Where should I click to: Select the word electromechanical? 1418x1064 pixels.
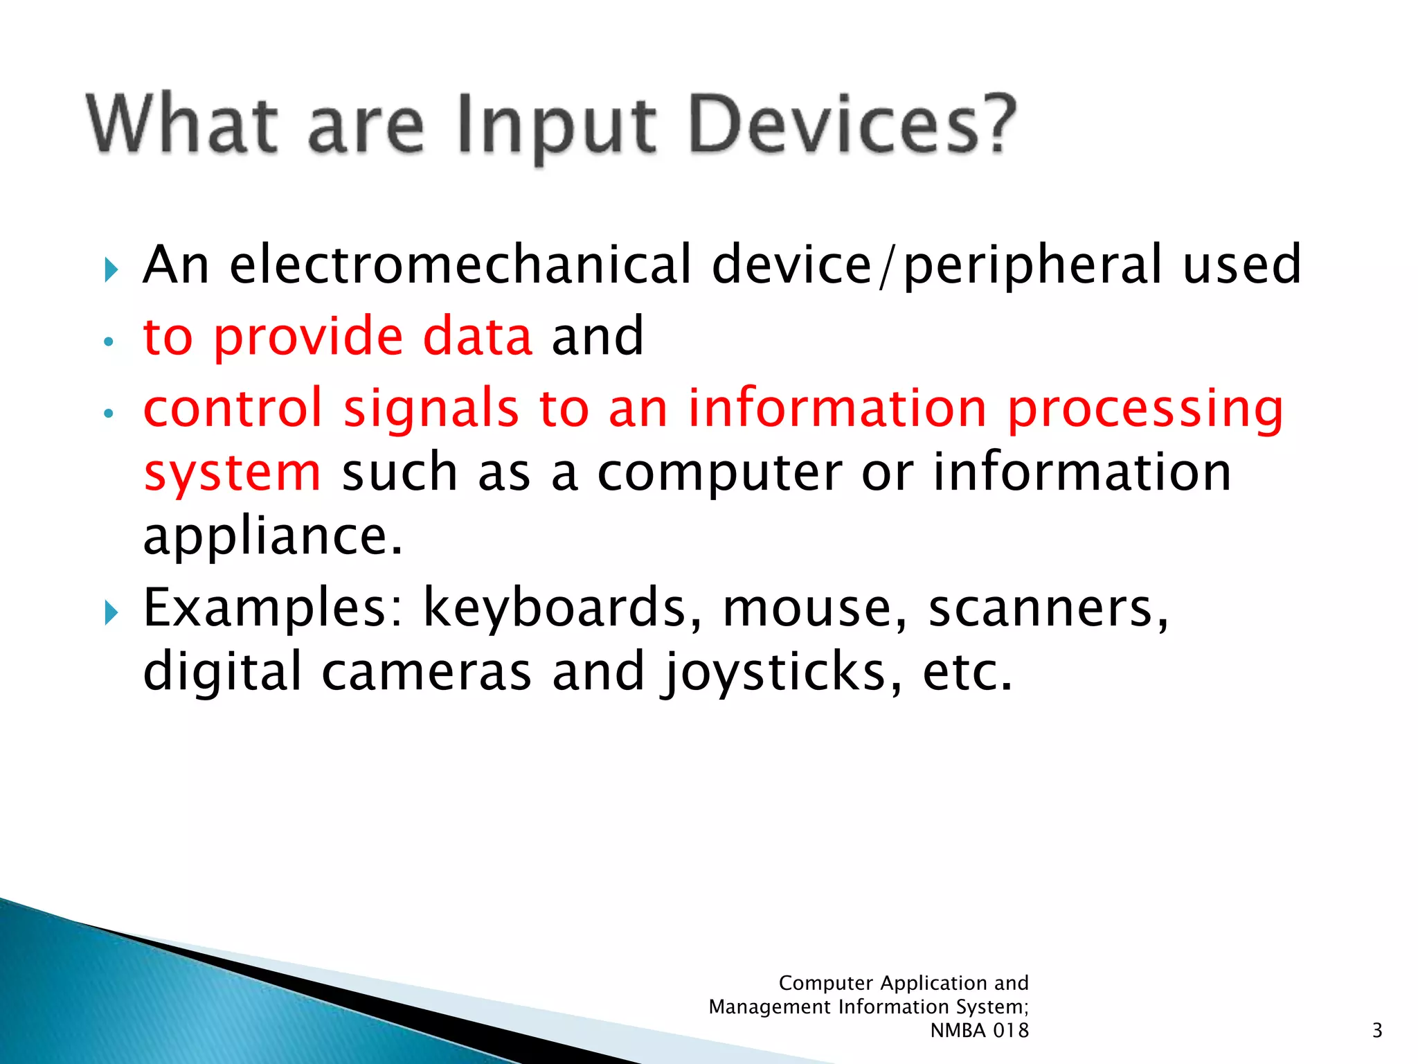(460, 265)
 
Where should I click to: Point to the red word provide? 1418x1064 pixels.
(307, 338)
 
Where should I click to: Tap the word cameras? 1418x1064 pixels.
(427, 672)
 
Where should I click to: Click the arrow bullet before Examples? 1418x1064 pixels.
(111, 612)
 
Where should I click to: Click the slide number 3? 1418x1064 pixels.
(1376, 1031)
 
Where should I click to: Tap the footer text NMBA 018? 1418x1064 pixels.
(979, 1031)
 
